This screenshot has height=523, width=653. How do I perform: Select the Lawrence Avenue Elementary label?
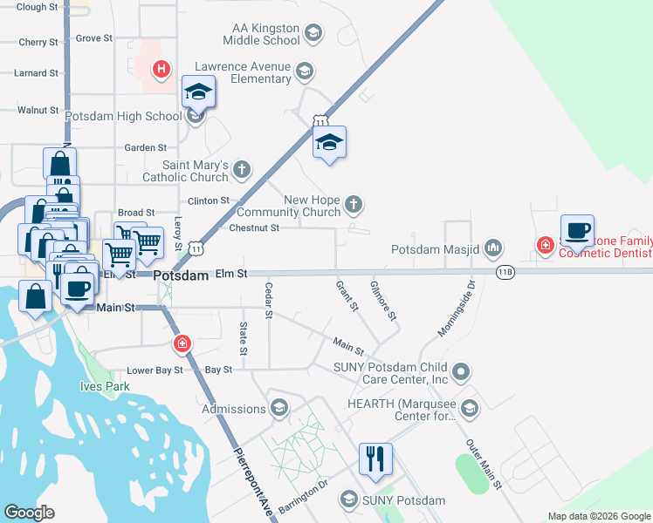[243, 72]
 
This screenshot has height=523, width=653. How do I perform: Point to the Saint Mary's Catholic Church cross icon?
[242, 169]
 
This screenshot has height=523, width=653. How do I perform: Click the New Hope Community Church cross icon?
[353, 205]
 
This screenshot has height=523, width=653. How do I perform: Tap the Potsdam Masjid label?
[435, 249]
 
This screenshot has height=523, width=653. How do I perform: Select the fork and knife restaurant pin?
[375, 459]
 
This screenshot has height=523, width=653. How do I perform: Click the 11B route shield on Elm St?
[505, 272]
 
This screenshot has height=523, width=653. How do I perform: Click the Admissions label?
[234, 409]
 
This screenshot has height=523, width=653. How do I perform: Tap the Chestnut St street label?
[253, 228]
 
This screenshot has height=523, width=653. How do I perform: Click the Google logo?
[29, 512]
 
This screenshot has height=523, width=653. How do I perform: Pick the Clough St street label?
[37, 7]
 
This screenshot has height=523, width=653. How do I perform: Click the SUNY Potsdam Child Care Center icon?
[462, 372]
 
